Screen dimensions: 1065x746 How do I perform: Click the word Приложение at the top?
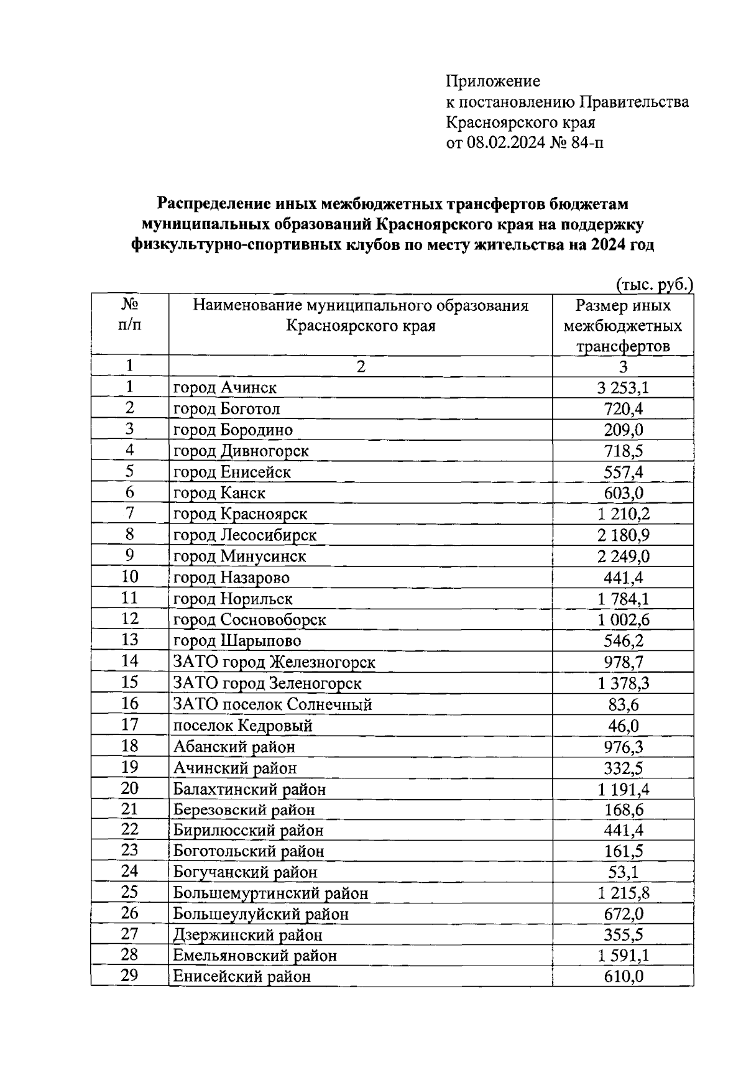tap(493, 81)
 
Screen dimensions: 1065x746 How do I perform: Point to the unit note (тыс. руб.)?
tap(655, 285)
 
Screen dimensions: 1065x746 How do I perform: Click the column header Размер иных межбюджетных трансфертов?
tap(623, 326)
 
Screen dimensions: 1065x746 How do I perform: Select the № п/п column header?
tap(129, 315)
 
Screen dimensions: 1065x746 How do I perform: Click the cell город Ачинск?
tap(225, 388)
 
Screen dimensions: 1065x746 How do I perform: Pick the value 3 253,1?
tap(623, 388)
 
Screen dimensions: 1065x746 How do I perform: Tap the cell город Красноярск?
tap(240, 514)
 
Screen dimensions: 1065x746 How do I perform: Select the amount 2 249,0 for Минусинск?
tap(623, 556)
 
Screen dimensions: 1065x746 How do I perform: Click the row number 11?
tap(129, 598)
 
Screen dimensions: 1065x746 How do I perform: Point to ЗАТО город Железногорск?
tap(274, 662)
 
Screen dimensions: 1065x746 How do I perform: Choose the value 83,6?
tap(623, 704)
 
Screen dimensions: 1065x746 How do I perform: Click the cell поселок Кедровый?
tap(242, 726)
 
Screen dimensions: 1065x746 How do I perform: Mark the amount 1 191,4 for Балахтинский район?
tap(623, 790)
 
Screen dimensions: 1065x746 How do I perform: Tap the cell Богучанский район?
tap(246, 873)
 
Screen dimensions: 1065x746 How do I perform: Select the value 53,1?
tap(623, 873)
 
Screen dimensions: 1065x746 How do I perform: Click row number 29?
tap(129, 975)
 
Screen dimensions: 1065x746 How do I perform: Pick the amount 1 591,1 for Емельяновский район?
tap(623, 956)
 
